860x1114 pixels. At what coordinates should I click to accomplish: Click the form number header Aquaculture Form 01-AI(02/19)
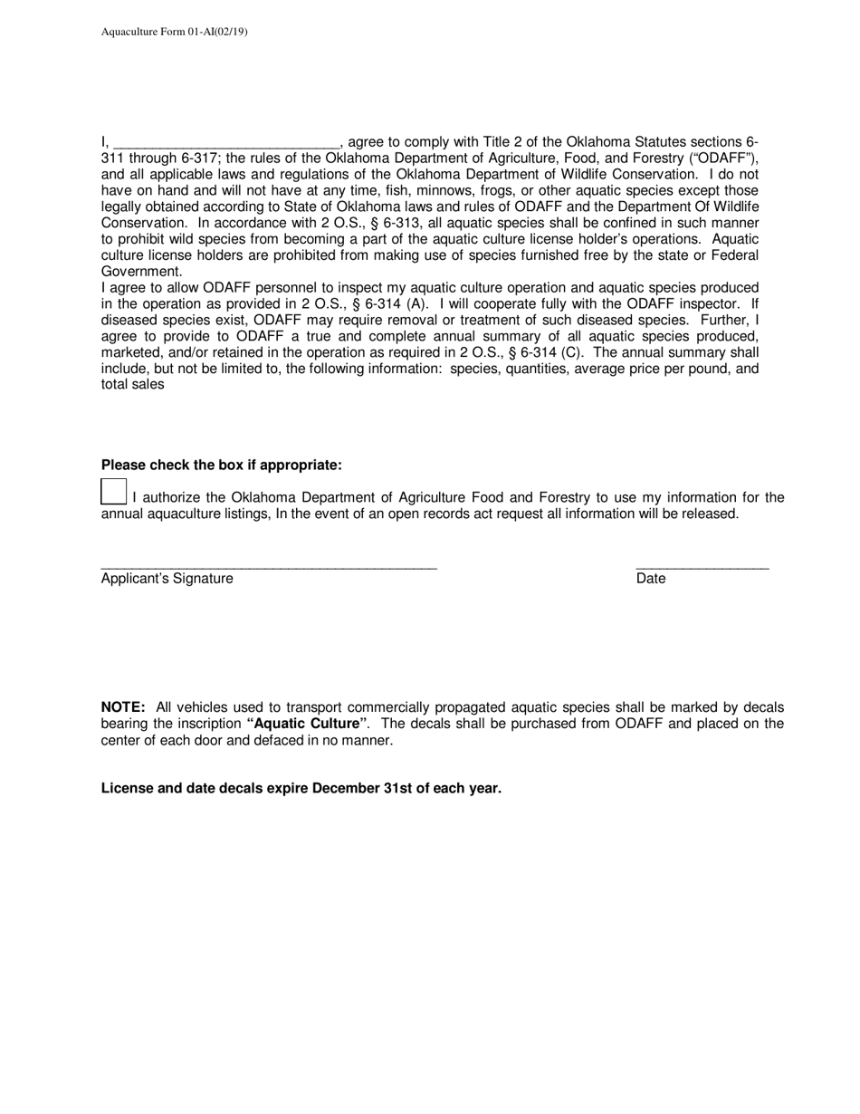point(174,32)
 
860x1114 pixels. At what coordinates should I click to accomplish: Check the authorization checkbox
point(113,492)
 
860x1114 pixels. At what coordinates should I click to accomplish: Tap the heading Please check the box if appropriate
point(222,465)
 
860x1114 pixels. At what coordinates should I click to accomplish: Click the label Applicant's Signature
point(167,579)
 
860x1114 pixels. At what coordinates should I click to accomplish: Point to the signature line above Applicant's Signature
point(269,568)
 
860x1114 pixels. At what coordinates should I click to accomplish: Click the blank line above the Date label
point(702,568)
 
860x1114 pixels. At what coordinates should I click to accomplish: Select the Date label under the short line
point(651,579)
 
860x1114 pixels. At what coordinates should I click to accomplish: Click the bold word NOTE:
point(123,707)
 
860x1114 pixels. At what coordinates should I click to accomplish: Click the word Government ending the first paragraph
point(140,272)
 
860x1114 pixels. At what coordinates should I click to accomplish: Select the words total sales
point(132,384)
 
